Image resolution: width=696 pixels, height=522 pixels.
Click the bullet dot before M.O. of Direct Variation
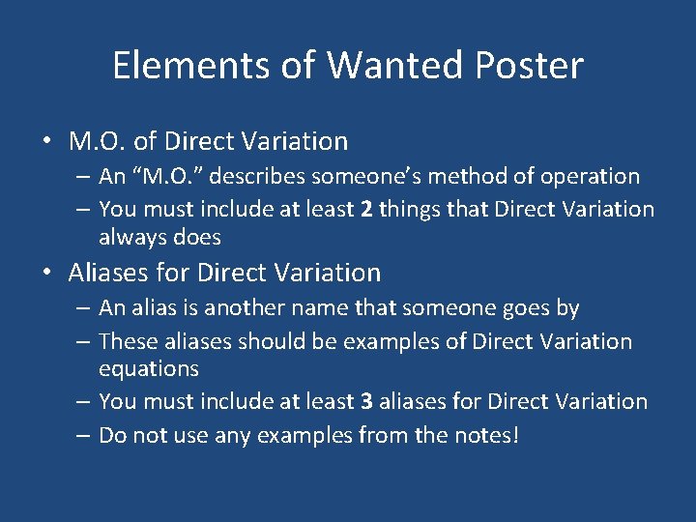coord(47,141)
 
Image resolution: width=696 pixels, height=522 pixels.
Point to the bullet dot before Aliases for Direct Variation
coord(47,273)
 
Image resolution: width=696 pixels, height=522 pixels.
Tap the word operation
coord(589,176)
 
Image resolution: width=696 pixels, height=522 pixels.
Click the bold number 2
coord(365,209)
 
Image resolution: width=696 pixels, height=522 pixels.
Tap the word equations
coord(149,369)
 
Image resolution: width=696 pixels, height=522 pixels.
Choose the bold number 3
coord(365,401)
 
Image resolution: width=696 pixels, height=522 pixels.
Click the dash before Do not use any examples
coord(84,435)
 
